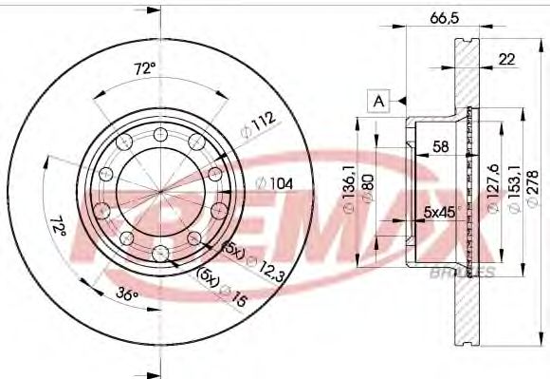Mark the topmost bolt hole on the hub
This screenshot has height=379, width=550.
[161, 132]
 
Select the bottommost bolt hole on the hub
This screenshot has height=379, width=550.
[160, 252]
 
